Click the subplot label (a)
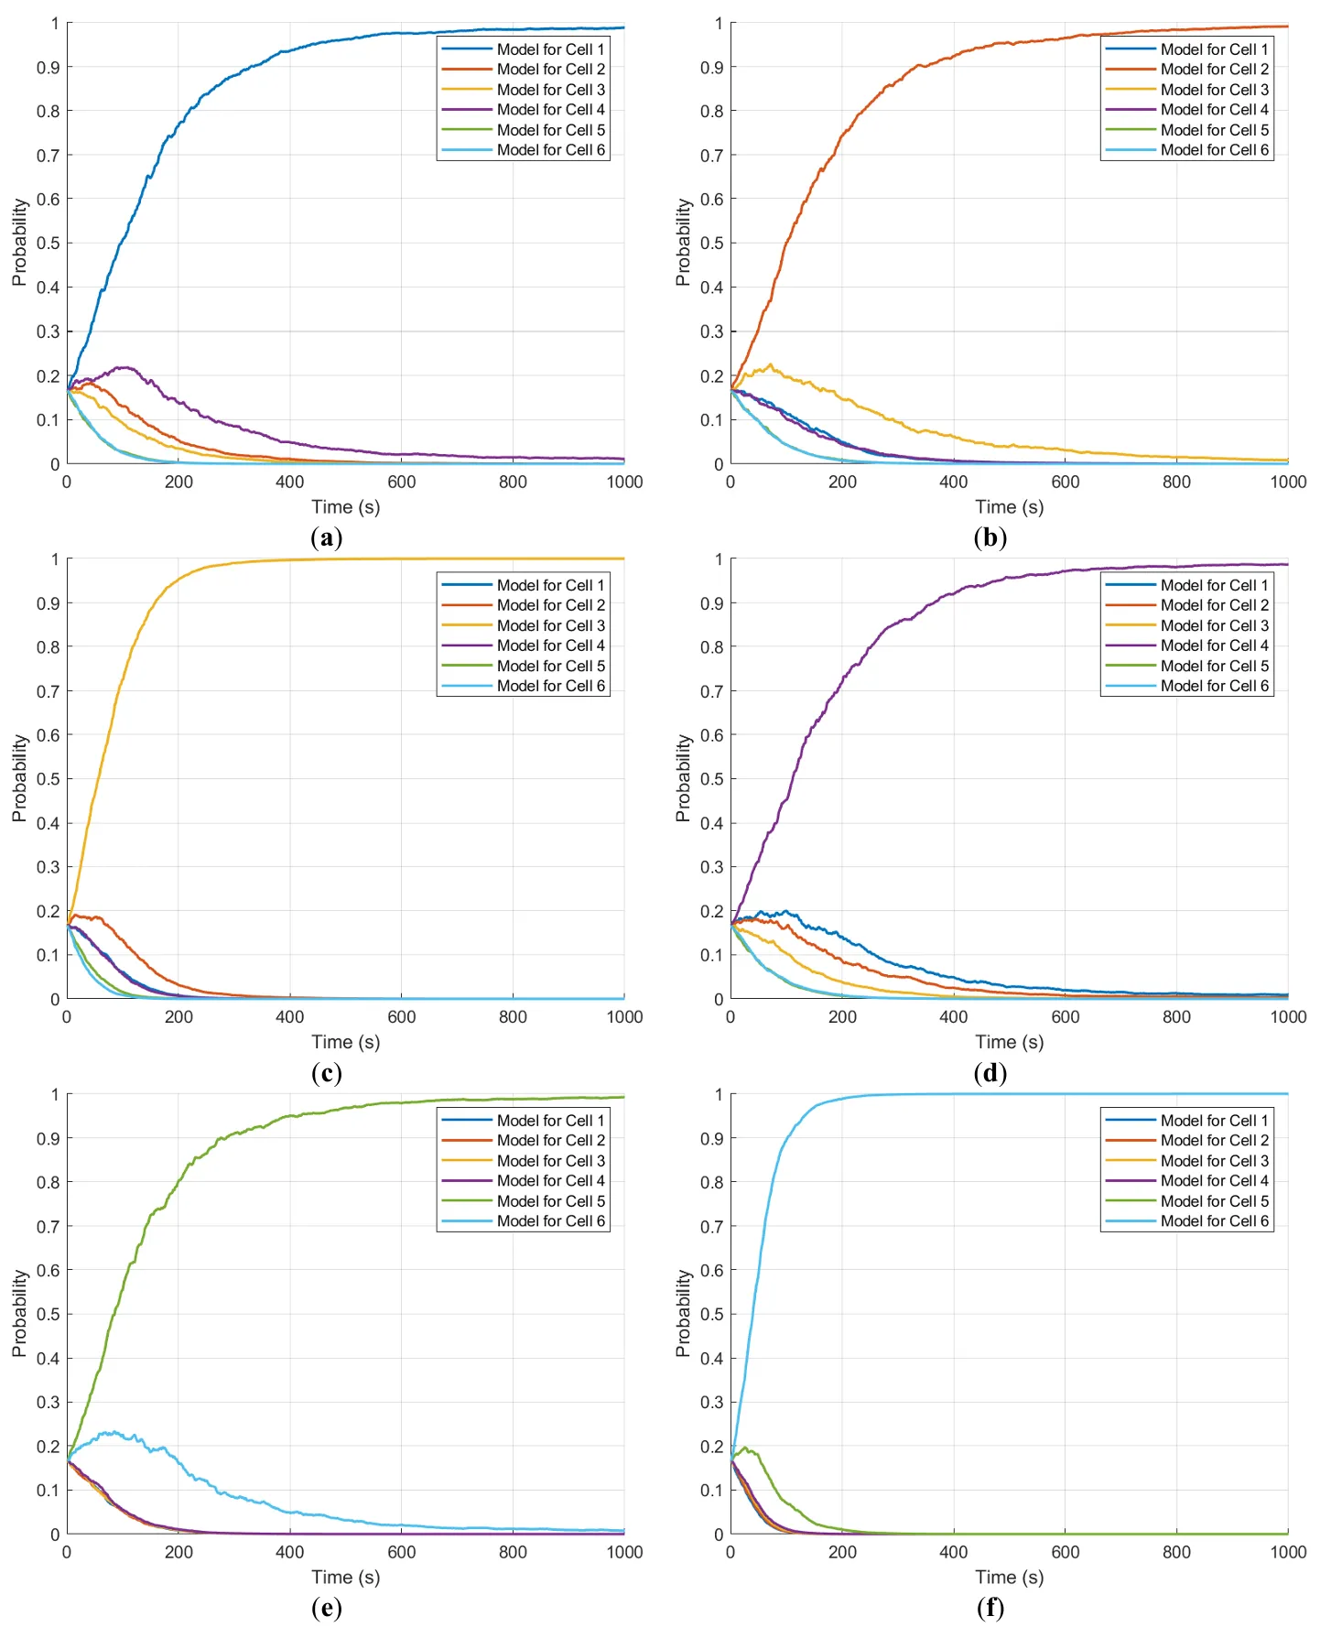tap(327, 537)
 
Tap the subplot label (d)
tap(990, 1072)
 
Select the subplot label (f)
tap(990, 1608)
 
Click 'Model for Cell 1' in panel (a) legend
tap(550, 49)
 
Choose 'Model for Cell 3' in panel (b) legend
tap(1214, 90)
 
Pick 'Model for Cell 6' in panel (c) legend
tap(550, 686)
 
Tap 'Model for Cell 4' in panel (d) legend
tap(1214, 645)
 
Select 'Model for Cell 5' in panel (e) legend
tap(550, 1201)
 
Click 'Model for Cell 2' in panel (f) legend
tap(1214, 1141)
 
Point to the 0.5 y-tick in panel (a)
tap(49, 244)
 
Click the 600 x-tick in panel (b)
tap(1065, 483)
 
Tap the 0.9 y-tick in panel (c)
tap(49, 603)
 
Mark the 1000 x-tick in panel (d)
tap(1287, 1017)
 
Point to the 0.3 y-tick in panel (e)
tap(49, 1403)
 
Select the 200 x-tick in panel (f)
tap(842, 1553)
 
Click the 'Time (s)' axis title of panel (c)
tap(345, 1042)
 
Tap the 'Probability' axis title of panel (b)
tap(683, 243)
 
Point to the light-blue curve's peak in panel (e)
tap(112, 1431)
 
